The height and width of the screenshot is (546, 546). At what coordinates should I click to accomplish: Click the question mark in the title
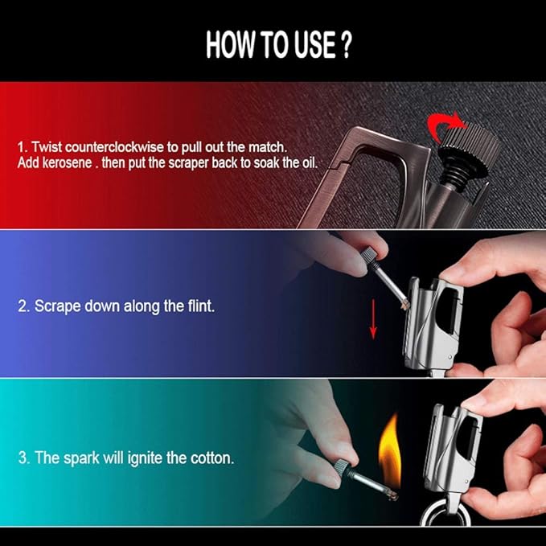346,45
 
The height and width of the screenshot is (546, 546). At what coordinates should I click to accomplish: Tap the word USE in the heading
316,45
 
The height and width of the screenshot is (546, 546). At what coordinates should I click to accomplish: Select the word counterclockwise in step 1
114,147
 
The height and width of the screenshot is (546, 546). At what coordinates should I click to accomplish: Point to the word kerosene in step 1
68,162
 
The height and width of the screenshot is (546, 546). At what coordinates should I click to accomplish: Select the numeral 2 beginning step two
22,306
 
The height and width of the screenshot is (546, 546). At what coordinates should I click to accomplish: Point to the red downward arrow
373,318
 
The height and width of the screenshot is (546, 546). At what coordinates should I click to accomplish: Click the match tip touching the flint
405,305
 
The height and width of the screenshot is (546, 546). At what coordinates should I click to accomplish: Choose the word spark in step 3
81,458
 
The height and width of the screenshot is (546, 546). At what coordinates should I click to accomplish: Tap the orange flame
390,452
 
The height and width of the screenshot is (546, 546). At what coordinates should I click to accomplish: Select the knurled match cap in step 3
342,468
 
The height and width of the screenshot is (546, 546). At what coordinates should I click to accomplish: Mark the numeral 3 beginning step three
23,458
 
